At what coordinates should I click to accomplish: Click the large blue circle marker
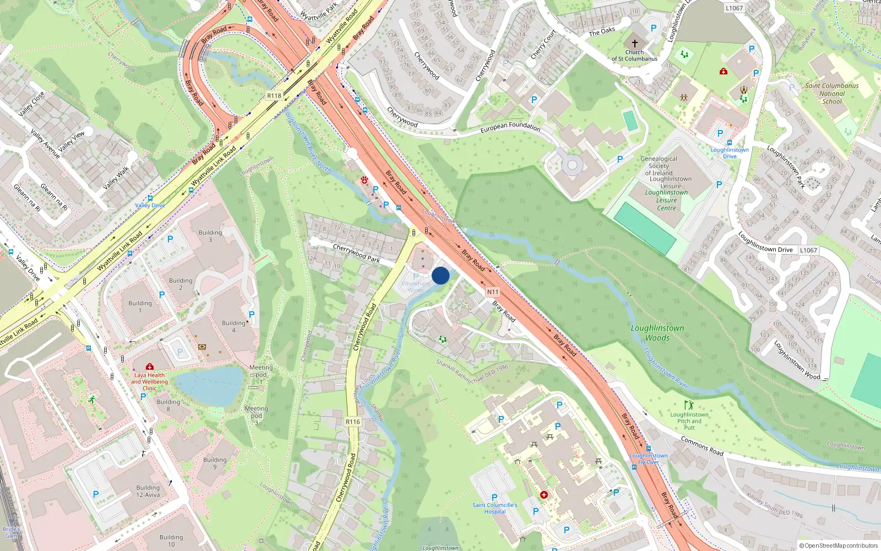click(440, 275)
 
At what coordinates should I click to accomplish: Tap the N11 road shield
click(492, 292)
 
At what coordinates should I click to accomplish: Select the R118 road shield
click(274, 96)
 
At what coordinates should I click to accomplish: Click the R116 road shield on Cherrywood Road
click(353, 422)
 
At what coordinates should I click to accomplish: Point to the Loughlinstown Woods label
click(657, 333)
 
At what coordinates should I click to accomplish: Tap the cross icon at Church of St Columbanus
click(634, 43)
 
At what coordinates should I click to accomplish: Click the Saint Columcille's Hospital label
click(494, 508)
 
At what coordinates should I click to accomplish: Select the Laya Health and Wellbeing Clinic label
click(149, 381)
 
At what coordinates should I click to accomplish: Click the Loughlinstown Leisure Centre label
click(666, 200)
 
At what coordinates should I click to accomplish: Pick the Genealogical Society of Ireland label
click(659, 165)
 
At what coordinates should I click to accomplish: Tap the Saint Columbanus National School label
click(831, 94)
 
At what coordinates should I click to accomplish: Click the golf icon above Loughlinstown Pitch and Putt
click(688, 405)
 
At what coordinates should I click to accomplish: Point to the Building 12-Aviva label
click(148, 491)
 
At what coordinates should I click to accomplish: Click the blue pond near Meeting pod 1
click(209, 386)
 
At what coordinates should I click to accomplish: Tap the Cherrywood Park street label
click(356, 253)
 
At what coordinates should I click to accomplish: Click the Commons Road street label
click(702, 446)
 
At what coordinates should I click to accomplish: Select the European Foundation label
click(510, 127)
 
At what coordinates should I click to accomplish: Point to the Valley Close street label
click(31, 104)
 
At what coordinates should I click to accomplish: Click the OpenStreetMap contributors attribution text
click(839, 545)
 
